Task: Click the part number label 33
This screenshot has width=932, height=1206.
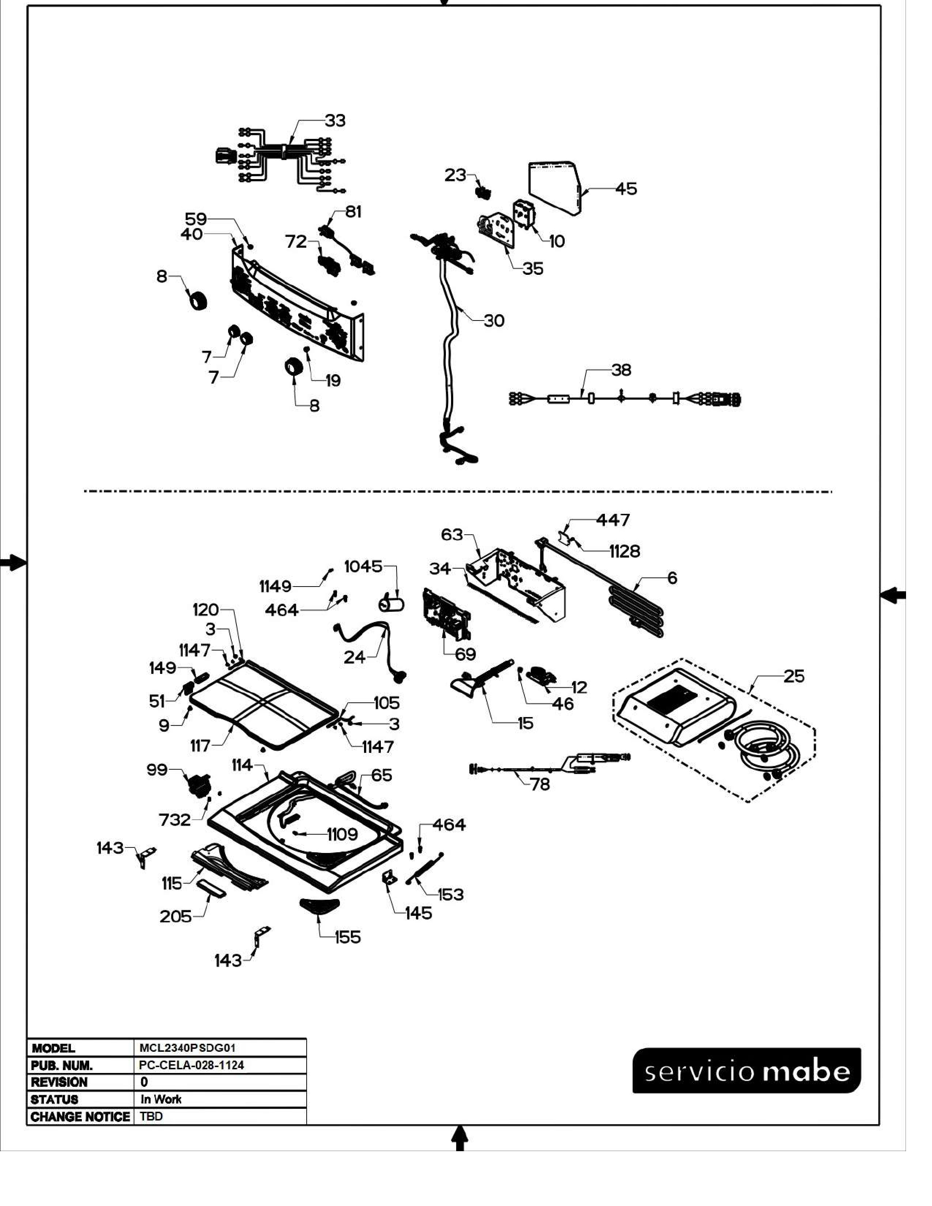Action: (334, 120)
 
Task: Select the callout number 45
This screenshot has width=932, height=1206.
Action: (626, 189)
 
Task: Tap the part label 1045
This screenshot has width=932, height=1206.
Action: (363, 566)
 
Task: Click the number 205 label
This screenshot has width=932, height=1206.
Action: (175, 917)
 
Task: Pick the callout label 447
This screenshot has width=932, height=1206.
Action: (613, 520)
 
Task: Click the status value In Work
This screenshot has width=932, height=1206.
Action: (161, 1099)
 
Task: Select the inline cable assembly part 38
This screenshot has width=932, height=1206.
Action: (624, 398)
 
